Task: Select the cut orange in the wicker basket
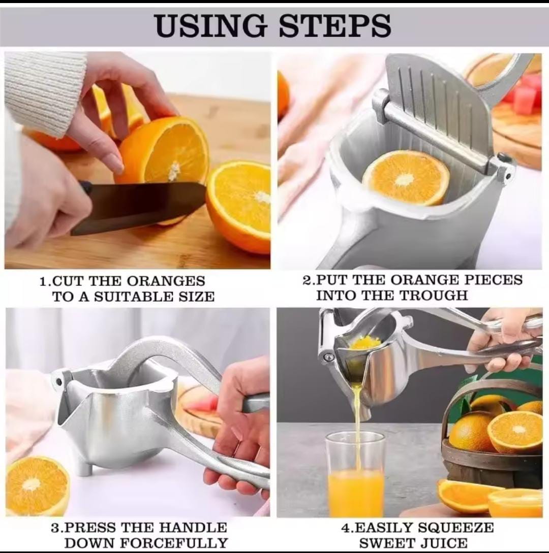(515, 432)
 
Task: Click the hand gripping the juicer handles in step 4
(501, 338)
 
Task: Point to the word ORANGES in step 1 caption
(166, 281)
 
